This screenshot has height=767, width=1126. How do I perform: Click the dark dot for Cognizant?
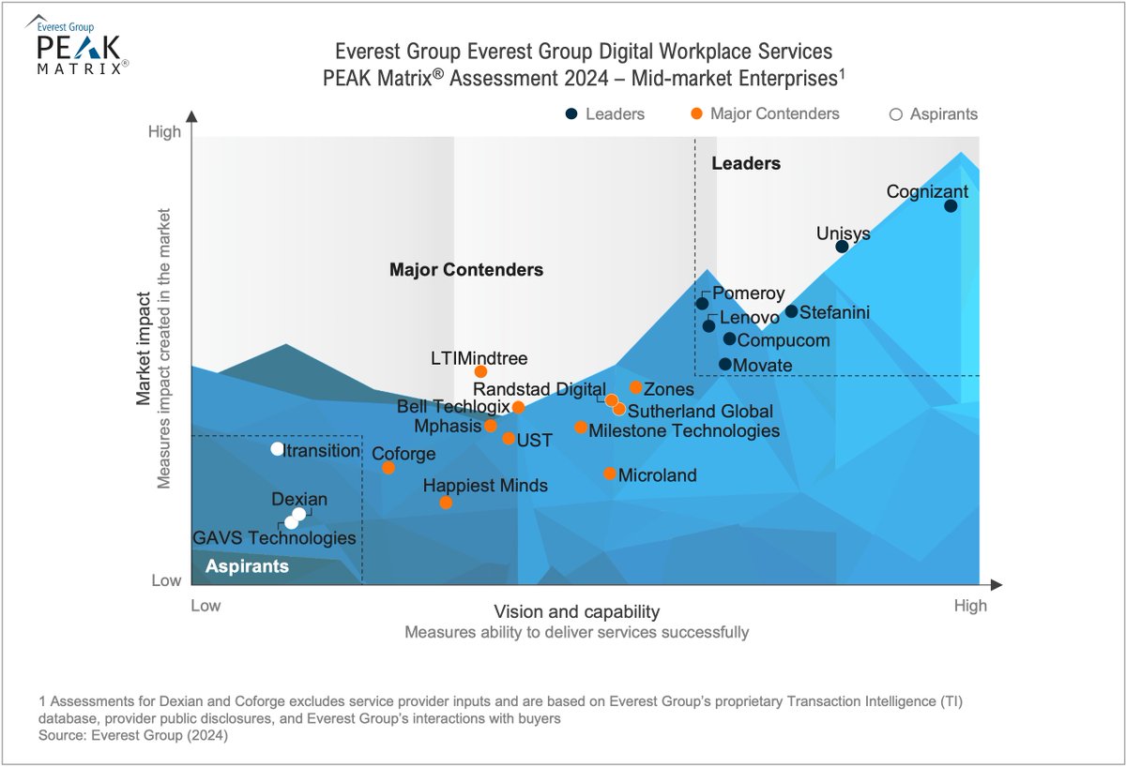coord(951,206)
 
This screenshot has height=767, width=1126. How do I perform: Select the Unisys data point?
coord(842,247)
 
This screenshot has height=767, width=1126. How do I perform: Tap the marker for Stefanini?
coord(791,311)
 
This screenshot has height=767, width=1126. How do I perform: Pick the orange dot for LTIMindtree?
coord(480,371)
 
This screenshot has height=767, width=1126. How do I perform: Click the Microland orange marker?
coord(610,474)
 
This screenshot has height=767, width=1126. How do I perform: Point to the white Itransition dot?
coord(277,448)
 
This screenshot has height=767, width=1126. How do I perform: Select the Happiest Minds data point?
coord(446,503)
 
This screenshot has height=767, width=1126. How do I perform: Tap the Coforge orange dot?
coord(388,467)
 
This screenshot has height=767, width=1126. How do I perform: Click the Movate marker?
coord(725,364)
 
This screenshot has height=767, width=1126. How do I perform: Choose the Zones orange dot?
coord(635,387)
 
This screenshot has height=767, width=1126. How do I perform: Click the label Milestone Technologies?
coord(684,430)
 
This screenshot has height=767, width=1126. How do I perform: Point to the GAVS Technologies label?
coord(274,538)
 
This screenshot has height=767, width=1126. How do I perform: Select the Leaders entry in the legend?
coord(605,114)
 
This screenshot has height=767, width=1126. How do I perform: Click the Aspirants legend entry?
coord(934,114)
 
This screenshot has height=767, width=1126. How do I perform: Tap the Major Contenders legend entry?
coord(766,114)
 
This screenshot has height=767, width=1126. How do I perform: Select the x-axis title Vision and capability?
coord(576,611)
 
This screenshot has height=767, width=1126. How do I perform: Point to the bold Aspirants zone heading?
coord(247,566)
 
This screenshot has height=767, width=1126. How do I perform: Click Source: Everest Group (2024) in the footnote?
coord(134,736)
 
